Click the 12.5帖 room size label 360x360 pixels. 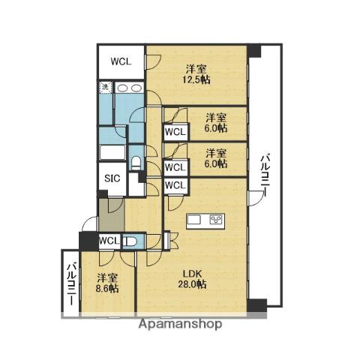[196, 80]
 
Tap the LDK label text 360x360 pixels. [192, 274]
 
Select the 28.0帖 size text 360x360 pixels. [192, 284]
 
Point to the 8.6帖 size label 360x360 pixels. [107, 289]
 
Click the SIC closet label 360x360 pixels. [112, 178]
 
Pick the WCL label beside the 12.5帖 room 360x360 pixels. [121, 61]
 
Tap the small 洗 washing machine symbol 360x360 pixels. [106, 87]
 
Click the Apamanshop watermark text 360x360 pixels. [180, 325]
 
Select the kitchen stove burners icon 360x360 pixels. [216, 220]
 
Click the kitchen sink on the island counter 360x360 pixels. [194, 220]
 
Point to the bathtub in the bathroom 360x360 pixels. [112, 152]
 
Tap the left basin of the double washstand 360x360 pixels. [122, 88]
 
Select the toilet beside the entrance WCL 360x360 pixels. [130, 241]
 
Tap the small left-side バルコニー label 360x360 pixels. [73, 283]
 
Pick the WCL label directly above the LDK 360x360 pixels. [175, 185]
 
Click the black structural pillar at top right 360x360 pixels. [253, 51]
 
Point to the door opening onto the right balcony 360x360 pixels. [256, 198]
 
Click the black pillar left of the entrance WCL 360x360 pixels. [89, 241]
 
